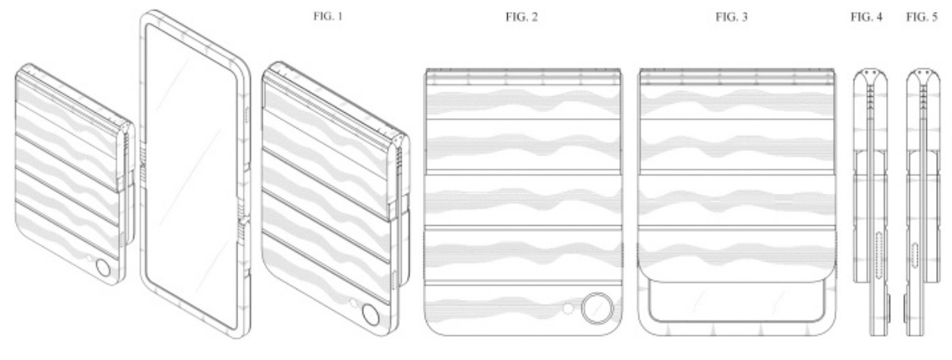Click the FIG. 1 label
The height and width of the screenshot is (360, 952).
pyautogui.click(x=327, y=17)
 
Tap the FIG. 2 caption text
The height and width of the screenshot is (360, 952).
pyautogui.click(x=521, y=17)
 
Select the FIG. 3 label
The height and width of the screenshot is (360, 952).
pyautogui.click(x=731, y=17)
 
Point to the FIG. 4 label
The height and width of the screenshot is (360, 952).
pyautogui.click(x=866, y=17)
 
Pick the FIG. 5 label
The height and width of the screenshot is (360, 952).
pyautogui.click(x=922, y=17)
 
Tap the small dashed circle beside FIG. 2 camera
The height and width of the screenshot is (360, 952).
pyautogui.click(x=568, y=308)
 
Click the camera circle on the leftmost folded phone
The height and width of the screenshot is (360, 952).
pyautogui.click(x=103, y=268)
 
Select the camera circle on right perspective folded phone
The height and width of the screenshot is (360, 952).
pyautogui.click(x=371, y=315)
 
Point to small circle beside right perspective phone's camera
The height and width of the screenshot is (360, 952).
pyautogui.click(x=353, y=303)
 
